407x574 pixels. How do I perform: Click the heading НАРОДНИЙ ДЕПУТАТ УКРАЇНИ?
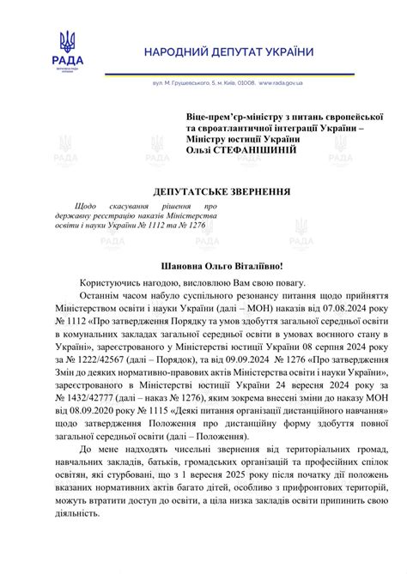coord(229,52)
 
